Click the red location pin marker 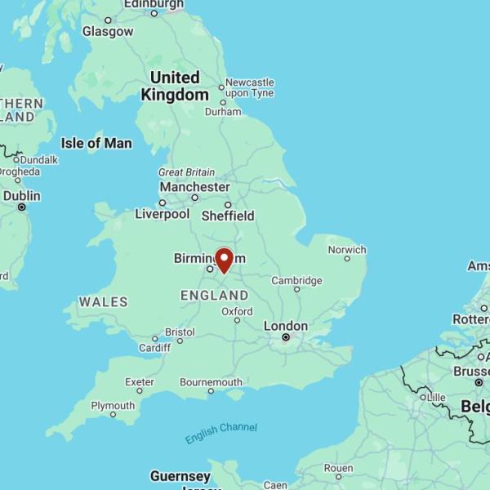[224, 260]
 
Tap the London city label [286, 326]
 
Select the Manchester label [195, 187]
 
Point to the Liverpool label [163, 214]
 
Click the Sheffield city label [229, 216]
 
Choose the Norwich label [347, 249]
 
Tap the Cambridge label [296, 281]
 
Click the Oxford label [237, 311]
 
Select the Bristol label [180, 332]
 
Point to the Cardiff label [154, 347]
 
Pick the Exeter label [139, 381]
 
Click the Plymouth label [113, 406]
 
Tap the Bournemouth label [211, 381]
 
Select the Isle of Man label [96, 143]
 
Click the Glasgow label [108, 31]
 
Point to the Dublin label [21, 196]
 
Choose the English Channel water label [221, 433]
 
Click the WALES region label [103, 302]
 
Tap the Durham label [223, 112]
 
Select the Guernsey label [180, 476]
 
